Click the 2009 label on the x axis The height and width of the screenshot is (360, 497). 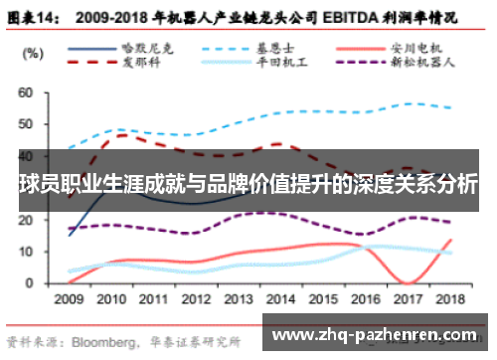coord(70,297)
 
